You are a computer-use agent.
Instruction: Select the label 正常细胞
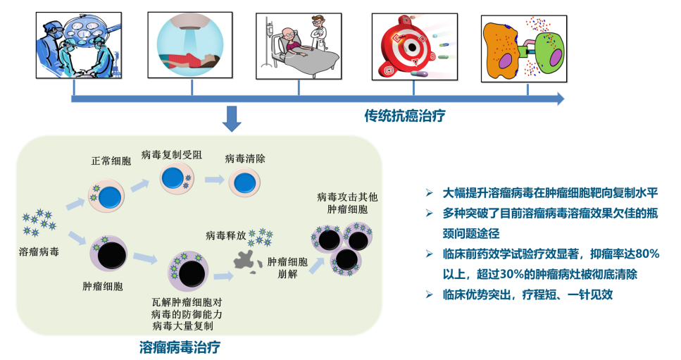tap(111, 161)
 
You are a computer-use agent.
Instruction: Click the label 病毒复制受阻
tap(172, 155)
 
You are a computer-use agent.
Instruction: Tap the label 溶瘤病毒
tap(39, 250)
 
